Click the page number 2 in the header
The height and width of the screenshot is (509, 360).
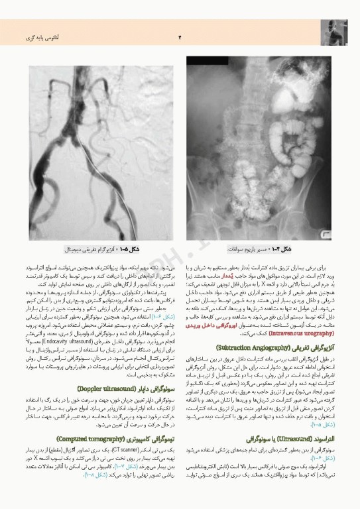[180, 36]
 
